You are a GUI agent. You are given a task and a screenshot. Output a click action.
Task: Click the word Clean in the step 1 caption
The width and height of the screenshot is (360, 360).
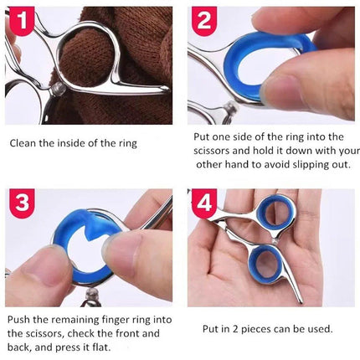tap(23, 143)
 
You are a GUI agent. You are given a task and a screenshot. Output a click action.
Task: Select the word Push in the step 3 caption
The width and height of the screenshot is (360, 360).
tap(18, 319)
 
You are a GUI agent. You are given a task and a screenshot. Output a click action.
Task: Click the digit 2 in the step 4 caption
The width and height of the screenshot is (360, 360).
tap(235, 329)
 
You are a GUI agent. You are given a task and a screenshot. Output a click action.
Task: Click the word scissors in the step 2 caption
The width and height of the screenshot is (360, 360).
tap(211, 151)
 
